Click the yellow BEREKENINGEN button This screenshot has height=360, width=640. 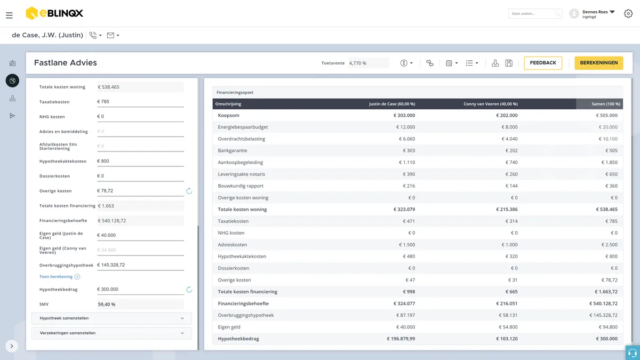pos(598,63)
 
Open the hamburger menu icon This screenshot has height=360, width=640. pos(9,15)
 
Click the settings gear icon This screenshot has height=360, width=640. pos(628,13)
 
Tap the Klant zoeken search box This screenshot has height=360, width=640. pos(535,13)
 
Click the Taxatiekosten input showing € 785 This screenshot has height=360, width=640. pos(140,102)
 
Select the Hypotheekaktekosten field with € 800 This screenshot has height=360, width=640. pos(140,161)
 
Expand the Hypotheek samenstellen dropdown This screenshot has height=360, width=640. pos(111,318)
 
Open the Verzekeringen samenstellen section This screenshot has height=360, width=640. pos(111,333)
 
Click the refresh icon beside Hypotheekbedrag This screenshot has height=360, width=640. pos(189,290)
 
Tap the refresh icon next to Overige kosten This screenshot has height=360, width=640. pos(189,191)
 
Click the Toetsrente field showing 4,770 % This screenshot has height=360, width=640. pos(369,63)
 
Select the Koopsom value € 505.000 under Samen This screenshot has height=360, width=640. pos(606,115)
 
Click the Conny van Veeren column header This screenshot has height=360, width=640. pos(490,104)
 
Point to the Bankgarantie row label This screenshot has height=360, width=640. pos(233,150)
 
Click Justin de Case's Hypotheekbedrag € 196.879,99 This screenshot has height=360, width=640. pos(401,339)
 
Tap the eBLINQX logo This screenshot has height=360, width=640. pos(54,13)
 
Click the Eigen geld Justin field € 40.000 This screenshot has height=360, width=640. pos(140,235)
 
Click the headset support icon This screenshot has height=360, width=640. pos(633,353)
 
